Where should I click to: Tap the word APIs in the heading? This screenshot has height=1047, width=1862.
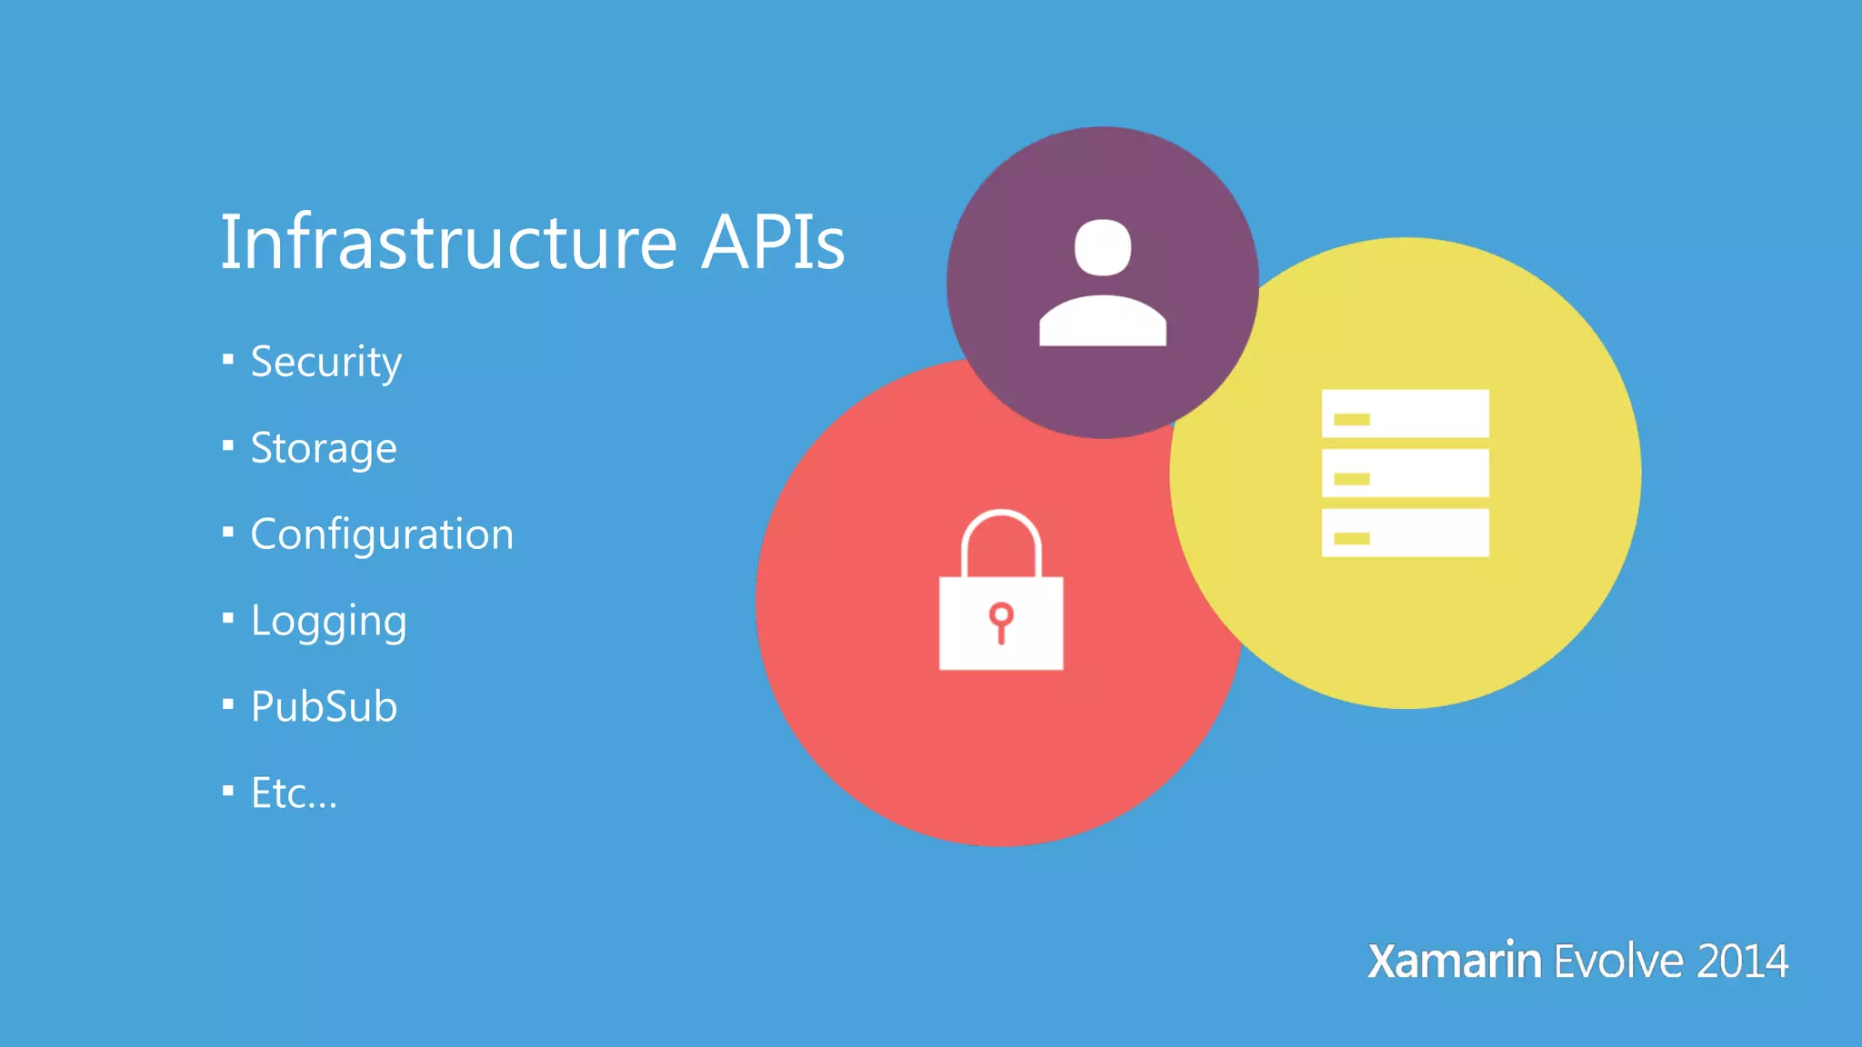tap(773, 243)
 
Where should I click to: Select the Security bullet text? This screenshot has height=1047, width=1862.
tap(325, 363)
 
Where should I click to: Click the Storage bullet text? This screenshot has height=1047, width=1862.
tap(324, 448)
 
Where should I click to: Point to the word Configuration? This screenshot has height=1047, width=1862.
tap(382, 534)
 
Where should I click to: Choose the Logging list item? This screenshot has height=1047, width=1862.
tap(328, 622)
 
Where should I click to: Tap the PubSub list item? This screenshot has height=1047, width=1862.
tap(324, 707)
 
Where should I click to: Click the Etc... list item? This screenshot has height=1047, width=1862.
tap(294, 793)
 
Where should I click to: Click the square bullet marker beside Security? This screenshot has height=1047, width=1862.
tap(228, 360)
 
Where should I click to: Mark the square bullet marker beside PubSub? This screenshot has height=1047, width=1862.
tap(228, 704)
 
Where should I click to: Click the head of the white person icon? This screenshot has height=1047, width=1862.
tap(1103, 247)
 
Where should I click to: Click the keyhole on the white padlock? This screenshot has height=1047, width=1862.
tap(1001, 622)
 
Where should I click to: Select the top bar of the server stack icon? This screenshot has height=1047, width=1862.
tap(1406, 414)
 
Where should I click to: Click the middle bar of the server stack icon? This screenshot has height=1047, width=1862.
tap(1406, 474)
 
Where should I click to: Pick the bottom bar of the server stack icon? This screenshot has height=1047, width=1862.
tap(1406, 533)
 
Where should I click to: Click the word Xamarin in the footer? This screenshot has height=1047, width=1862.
tap(1454, 962)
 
